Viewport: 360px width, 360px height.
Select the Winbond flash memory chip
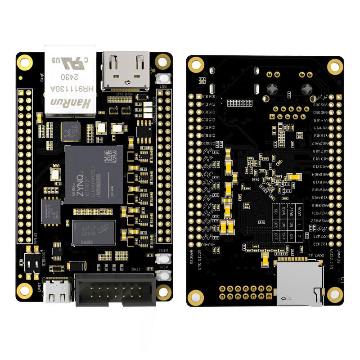50,211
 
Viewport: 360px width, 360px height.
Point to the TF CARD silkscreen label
316,256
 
